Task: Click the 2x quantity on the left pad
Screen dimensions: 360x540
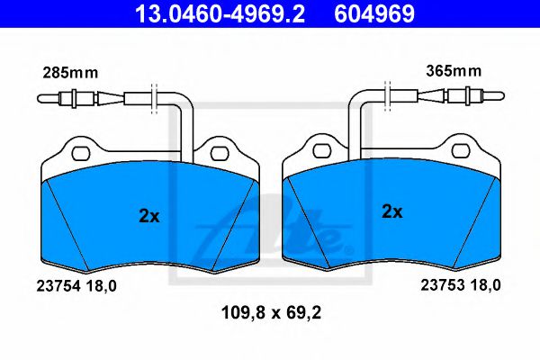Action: pyautogui.click(x=148, y=216)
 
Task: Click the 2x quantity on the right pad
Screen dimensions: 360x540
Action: pyautogui.click(x=391, y=212)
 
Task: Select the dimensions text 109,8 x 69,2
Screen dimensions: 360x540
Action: pyautogui.click(x=270, y=314)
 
